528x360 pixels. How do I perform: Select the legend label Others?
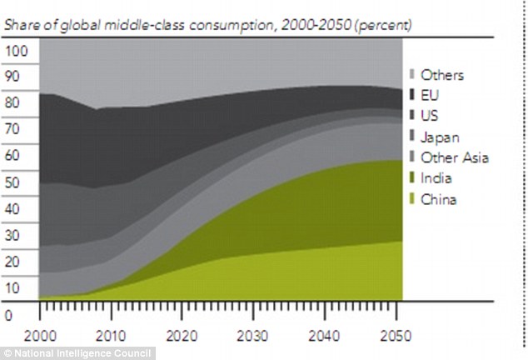pyautogui.click(x=442, y=75)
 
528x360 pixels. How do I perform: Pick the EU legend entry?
pyautogui.click(x=431, y=96)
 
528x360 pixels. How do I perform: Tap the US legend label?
pyautogui.click(x=431, y=116)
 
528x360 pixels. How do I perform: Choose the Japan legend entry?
pyautogui.click(x=439, y=137)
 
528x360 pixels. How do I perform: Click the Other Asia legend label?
pyautogui.click(x=454, y=157)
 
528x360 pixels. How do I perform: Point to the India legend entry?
pyautogui.click(x=436, y=178)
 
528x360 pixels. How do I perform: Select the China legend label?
pyautogui.click(x=439, y=199)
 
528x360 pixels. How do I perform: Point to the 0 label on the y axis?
pyautogui.click(x=8, y=315)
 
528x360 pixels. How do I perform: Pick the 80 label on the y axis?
pyautogui.click(x=12, y=103)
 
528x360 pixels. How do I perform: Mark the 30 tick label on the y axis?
pyautogui.click(x=12, y=236)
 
